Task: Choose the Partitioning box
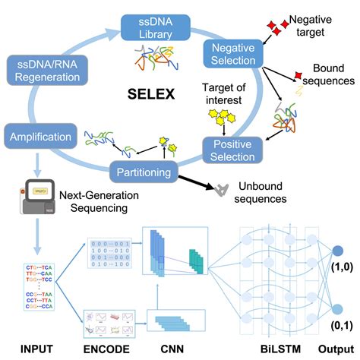142,172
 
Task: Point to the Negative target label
317,23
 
